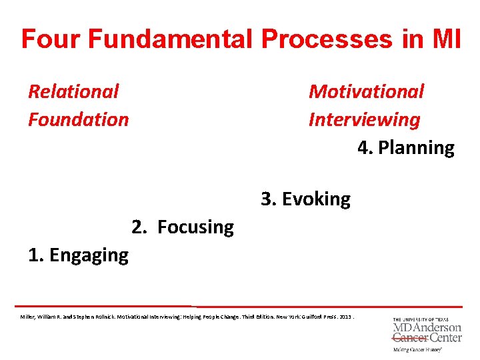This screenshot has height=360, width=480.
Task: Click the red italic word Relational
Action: [x=73, y=91]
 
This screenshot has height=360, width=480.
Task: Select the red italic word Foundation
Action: [x=78, y=120]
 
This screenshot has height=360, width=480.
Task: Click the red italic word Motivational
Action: [x=366, y=91]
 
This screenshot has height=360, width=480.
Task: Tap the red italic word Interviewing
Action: [x=364, y=120]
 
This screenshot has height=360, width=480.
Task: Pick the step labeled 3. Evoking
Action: [x=305, y=199]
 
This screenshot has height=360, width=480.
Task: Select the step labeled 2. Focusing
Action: [x=183, y=227]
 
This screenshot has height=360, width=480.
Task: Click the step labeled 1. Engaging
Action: [x=78, y=255]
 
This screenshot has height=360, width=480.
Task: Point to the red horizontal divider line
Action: [x=240, y=306]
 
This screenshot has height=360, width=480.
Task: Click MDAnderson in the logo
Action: [x=427, y=328]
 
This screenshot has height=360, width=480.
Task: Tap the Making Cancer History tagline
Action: [x=417, y=349]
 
